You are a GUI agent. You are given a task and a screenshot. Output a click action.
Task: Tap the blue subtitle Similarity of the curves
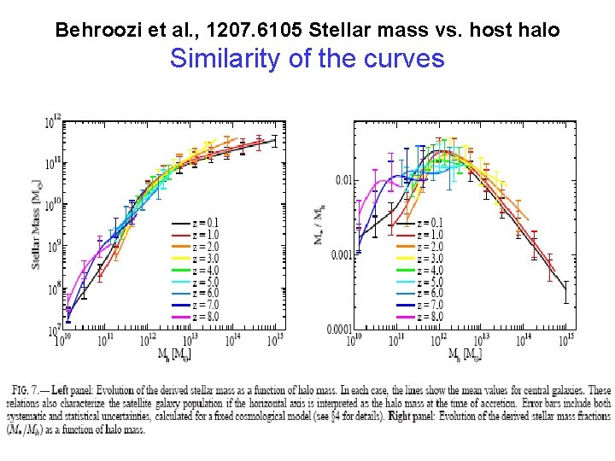(307, 59)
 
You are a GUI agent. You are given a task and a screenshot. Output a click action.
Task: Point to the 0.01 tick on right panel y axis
(343, 179)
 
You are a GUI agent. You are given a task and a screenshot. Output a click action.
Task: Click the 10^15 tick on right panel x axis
(566, 341)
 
